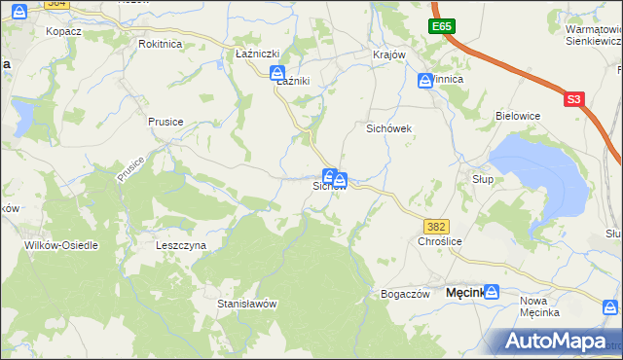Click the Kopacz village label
62,31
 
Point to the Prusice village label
165,122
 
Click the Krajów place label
388,54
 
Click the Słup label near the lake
483,179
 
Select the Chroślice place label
439,240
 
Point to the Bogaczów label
405,294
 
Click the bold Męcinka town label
465,292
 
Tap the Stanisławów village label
247,304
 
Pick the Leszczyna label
181,245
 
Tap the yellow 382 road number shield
437,226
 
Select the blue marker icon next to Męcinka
493,292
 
